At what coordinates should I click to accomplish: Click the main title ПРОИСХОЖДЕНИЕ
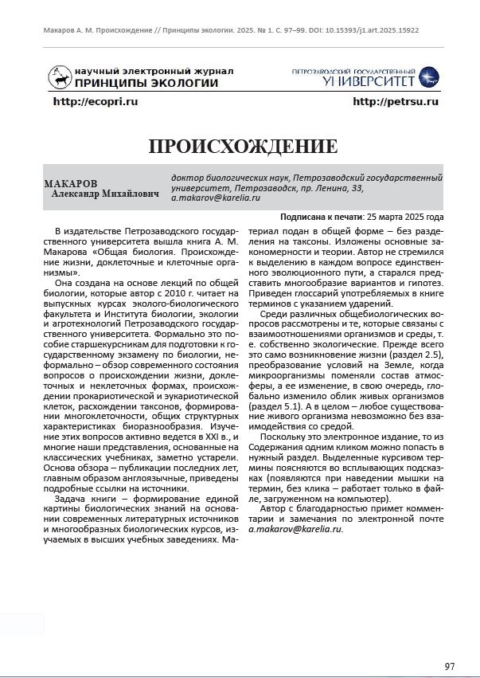click(243, 147)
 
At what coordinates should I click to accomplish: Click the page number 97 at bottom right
click(450, 666)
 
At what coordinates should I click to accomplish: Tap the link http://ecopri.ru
click(96, 102)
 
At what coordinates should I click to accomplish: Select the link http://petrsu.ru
click(396, 102)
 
